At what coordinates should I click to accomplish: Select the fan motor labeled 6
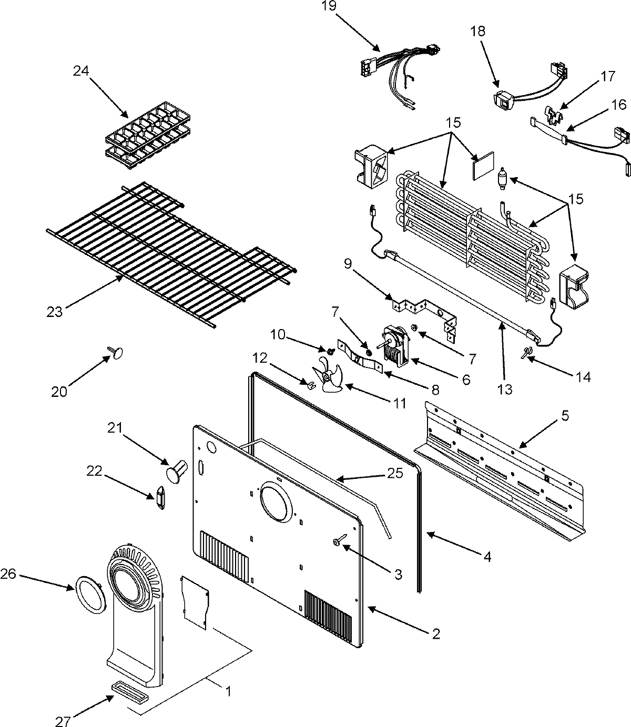click(x=395, y=345)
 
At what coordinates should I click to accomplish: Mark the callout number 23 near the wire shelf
click(x=54, y=312)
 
